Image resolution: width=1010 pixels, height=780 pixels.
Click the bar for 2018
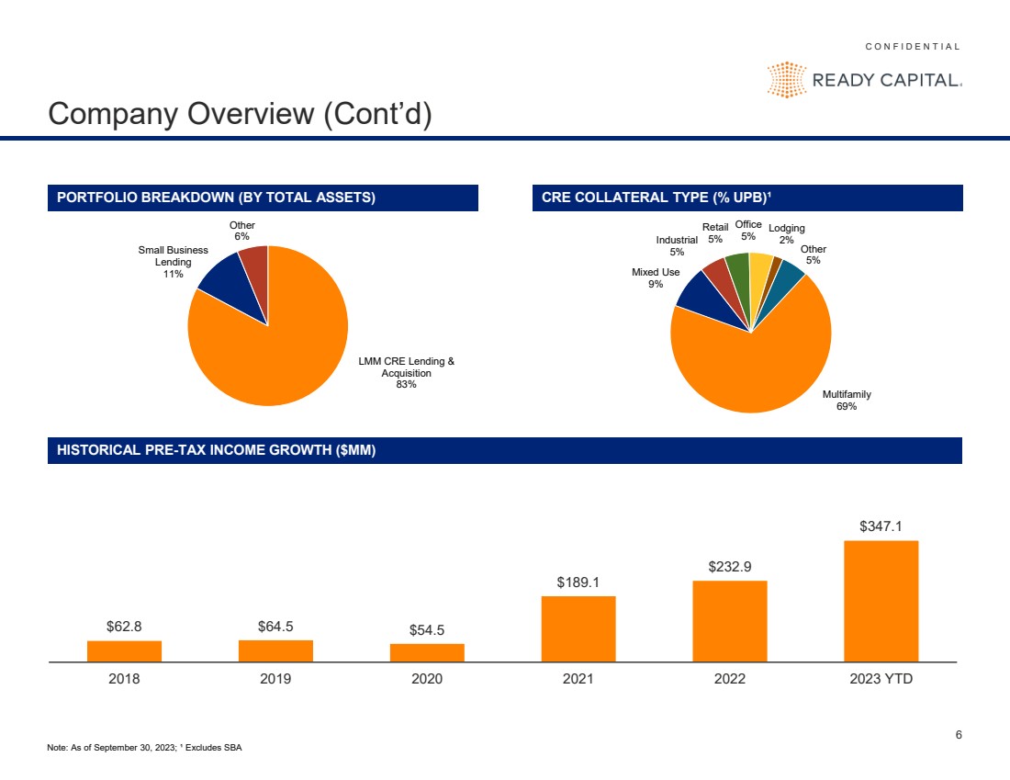point(124,650)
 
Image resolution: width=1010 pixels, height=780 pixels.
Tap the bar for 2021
point(578,628)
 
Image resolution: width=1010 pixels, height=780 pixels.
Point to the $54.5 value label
point(427,630)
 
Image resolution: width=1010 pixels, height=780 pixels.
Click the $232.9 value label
point(730,568)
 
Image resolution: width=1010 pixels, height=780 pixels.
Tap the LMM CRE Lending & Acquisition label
point(406,372)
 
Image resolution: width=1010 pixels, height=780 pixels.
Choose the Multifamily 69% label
point(847,400)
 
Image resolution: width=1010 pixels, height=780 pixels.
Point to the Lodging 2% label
point(787,233)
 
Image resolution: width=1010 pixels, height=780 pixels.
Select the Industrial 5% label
point(677,245)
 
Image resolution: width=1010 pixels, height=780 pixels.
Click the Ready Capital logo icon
point(786,80)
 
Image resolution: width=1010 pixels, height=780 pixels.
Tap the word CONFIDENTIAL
point(913,46)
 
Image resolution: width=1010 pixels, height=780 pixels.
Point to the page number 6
point(959,734)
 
